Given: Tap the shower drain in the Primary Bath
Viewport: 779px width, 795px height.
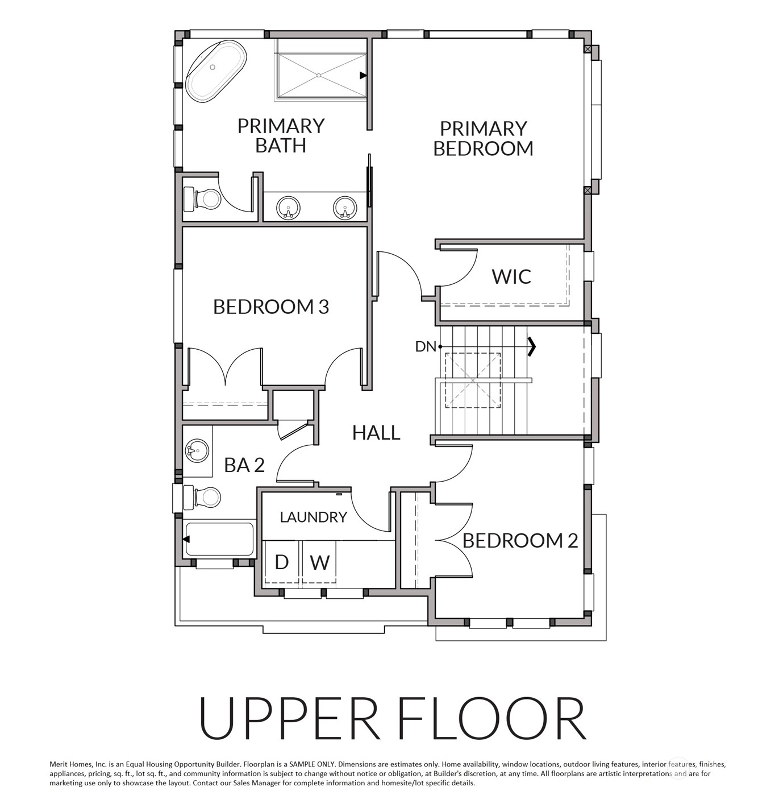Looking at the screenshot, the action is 319,75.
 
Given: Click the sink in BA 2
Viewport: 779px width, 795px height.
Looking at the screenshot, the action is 197,450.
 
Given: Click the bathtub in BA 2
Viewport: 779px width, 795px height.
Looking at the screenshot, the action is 219,539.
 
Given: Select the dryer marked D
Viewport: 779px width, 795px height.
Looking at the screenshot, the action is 282,562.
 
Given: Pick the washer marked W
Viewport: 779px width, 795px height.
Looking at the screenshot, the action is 319,562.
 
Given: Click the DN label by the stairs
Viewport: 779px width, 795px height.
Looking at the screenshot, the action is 426,347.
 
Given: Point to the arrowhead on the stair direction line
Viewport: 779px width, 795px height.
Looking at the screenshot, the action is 532,346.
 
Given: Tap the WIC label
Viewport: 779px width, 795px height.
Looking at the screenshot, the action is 511,276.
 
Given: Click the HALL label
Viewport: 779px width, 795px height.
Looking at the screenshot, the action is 376,433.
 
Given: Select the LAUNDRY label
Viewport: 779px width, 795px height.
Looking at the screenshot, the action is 314,517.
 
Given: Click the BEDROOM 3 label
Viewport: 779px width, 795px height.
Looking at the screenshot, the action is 271,307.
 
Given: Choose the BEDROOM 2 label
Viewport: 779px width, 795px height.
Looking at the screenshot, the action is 520,540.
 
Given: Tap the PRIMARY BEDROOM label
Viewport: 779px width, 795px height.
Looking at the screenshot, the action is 484,139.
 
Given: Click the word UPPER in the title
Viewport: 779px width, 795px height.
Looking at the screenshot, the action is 289,718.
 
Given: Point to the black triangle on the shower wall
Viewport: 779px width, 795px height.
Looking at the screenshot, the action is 363,76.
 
